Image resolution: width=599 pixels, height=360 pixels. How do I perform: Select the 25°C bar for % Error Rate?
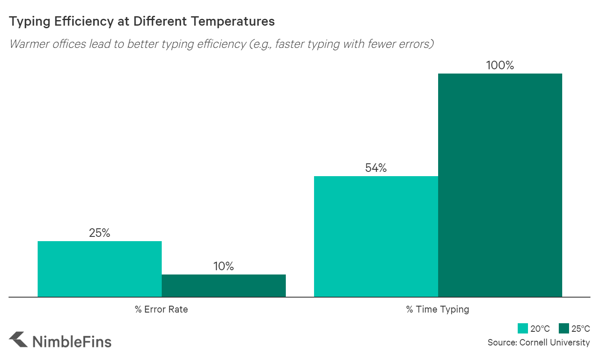pyautogui.click(x=224, y=285)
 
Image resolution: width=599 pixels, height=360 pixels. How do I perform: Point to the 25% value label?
pyautogui.click(x=100, y=233)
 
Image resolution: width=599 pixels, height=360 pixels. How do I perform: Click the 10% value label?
pyautogui.click(x=224, y=266)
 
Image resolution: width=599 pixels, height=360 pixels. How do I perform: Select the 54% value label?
pyautogui.click(x=376, y=168)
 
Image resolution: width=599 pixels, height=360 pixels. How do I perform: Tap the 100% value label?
pyautogui.click(x=500, y=66)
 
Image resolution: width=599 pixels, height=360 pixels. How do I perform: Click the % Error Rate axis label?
pyautogui.click(x=161, y=309)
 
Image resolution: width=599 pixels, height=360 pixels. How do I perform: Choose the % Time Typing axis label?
pyautogui.click(x=437, y=309)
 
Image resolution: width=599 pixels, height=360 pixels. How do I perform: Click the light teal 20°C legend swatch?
pyautogui.click(x=523, y=328)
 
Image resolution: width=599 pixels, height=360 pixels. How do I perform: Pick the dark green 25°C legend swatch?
pyautogui.click(x=564, y=328)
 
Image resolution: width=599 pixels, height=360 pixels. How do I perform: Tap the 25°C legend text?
pyautogui.click(x=581, y=328)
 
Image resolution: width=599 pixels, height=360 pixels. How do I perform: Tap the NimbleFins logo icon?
pyautogui.click(x=18, y=340)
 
